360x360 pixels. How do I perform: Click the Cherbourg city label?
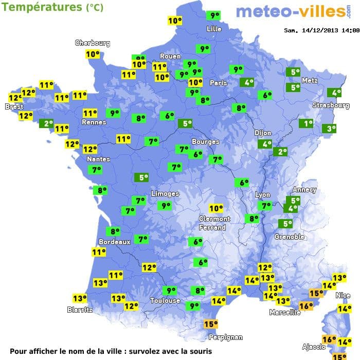(x=93, y=43)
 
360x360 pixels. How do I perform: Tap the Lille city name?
(x=214, y=29)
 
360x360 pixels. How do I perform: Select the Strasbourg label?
(x=331, y=105)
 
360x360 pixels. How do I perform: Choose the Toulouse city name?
(x=165, y=300)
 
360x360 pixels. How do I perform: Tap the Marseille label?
(x=285, y=312)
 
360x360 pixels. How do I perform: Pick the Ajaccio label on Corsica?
(x=314, y=347)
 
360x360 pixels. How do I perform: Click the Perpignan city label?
(x=226, y=337)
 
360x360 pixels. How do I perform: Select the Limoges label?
(x=165, y=194)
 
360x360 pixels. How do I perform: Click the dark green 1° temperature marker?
(x=306, y=123)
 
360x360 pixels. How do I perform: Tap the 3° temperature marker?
(x=329, y=129)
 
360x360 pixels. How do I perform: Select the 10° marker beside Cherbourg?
(x=93, y=54)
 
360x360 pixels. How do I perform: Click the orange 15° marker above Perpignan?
(x=210, y=324)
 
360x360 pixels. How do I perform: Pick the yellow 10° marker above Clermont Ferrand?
(x=216, y=208)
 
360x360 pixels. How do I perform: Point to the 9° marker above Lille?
(x=213, y=15)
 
